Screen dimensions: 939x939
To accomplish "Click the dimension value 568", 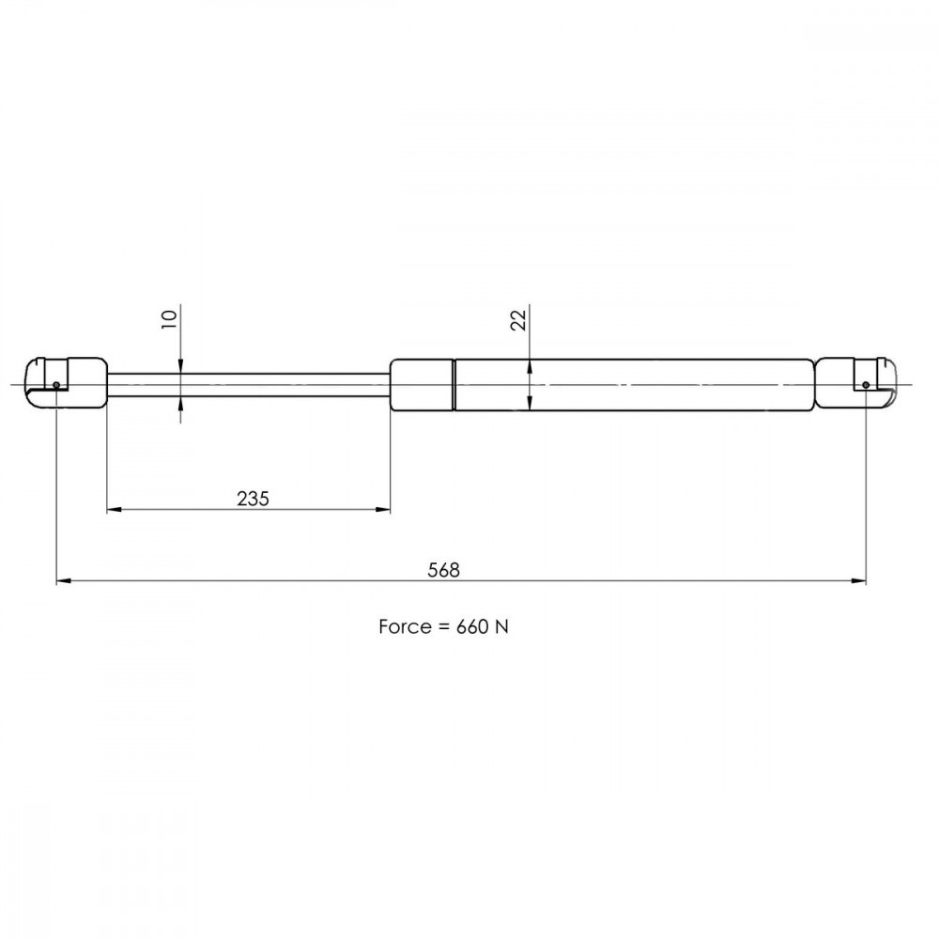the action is pos(443,570).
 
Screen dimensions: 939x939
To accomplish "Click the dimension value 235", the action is pos(253,499).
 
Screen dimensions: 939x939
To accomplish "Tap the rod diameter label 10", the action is pos(169,318).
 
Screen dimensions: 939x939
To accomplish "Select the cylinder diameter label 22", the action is pos(518,319).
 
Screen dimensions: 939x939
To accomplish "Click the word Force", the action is pos(404,626).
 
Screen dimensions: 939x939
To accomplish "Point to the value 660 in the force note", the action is pos(472,626).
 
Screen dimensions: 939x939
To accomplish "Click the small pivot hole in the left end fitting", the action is pos(56,384).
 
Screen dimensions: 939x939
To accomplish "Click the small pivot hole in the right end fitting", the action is pos(866,384).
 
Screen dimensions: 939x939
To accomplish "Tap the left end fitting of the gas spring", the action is pos(67,384).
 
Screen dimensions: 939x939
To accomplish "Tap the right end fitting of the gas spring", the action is pos(856,384).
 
